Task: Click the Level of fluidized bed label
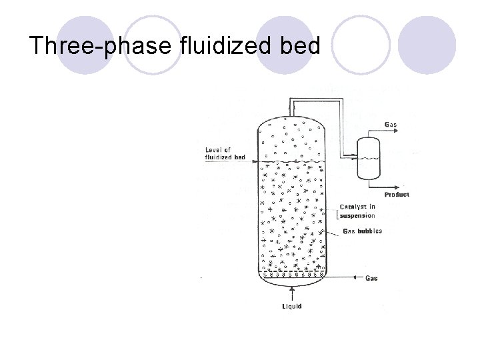pyautogui.click(x=225, y=154)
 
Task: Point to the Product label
pyautogui.click(x=397, y=195)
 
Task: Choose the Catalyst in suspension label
pyautogui.click(x=357, y=211)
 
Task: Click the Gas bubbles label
pyautogui.click(x=362, y=231)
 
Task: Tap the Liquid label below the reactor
pyautogui.click(x=291, y=307)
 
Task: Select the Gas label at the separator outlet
pyautogui.click(x=392, y=125)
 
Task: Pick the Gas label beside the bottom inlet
pyautogui.click(x=371, y=278)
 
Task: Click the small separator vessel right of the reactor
pyautogui.click(x=369, y=158)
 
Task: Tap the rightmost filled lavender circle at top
pyautogui.click(x=427, y=45)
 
